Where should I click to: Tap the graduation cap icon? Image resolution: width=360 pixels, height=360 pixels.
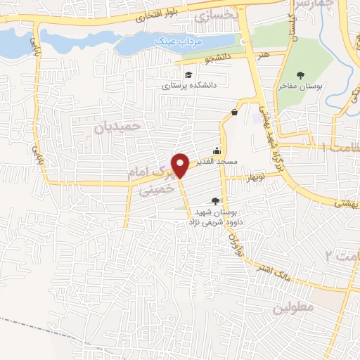188,75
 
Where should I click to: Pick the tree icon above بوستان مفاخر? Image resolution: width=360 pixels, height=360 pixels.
302,75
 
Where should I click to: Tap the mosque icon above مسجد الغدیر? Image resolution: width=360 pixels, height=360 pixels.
217,150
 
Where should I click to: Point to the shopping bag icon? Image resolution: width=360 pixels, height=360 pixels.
234,112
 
